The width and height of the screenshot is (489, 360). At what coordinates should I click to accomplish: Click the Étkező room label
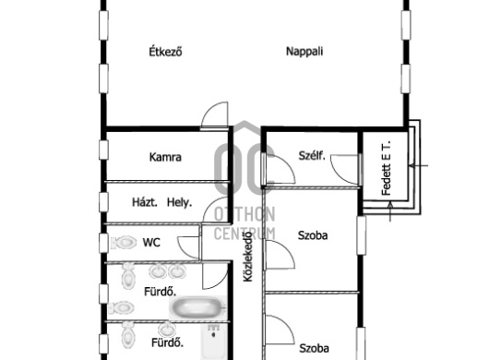[x=165, y=52]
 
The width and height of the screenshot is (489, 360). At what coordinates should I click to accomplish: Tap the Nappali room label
[x=304, y=51]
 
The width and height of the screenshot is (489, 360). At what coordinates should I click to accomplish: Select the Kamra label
[x=165, y=157]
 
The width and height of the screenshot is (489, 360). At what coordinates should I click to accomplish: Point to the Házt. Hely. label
[x=161, y=203]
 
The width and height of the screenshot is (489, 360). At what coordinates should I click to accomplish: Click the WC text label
[x=151, y=243]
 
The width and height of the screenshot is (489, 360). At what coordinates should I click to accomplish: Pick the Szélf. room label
[x=312, y=155]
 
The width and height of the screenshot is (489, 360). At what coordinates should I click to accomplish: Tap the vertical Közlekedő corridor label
[x=248, y=257]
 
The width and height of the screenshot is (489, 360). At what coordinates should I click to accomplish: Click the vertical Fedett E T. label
[x=386, y=168]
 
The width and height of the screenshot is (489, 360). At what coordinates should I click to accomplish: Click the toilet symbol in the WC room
[x=124, y=243]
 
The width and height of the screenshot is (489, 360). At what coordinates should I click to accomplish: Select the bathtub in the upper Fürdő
[x=197, y=307]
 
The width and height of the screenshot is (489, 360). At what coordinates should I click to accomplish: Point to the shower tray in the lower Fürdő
[x=214, y=342]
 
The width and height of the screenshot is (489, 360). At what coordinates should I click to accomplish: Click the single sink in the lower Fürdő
[x=167, y=330]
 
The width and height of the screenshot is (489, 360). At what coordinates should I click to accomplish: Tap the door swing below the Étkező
[x=215, y=114]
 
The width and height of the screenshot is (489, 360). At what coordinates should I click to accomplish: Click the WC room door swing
[x=188, y=247]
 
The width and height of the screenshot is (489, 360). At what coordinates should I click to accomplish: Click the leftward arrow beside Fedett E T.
[x=418, y=165]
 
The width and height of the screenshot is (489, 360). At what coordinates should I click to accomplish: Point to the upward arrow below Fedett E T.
[x=390, y=211]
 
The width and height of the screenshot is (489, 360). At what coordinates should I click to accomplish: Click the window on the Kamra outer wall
[x=103, y=150]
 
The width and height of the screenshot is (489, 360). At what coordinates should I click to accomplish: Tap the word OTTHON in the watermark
[x=244, y=214]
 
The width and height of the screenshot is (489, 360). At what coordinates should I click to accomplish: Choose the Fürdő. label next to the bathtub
[x=160, y=292]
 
